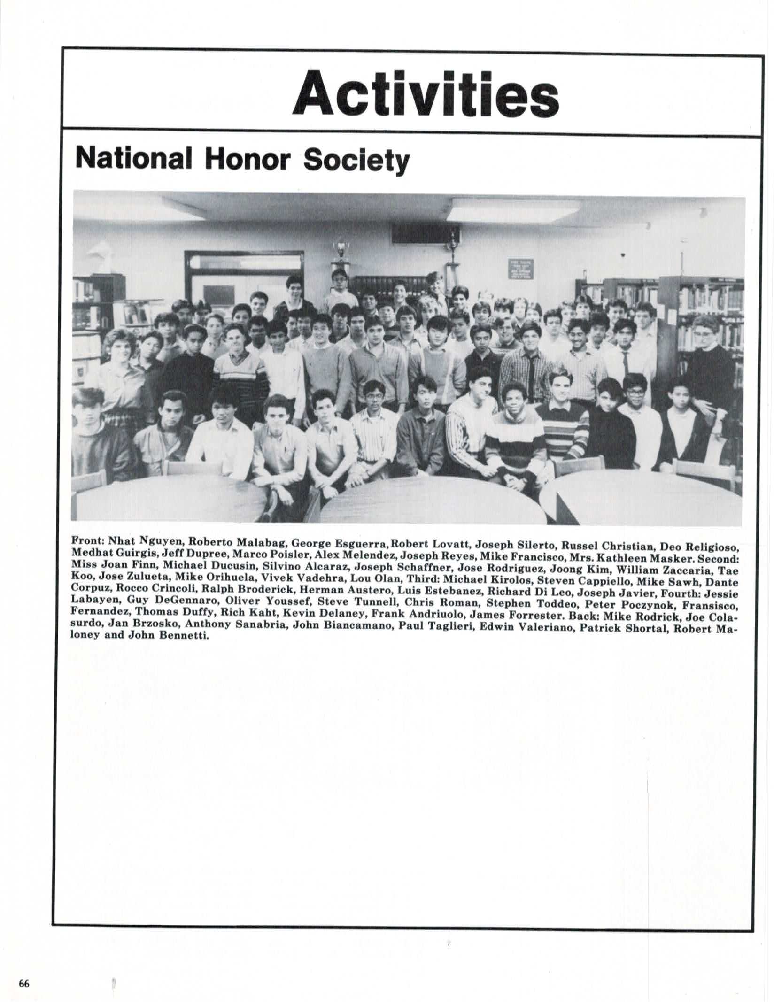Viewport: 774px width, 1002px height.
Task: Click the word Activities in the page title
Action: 426,94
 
